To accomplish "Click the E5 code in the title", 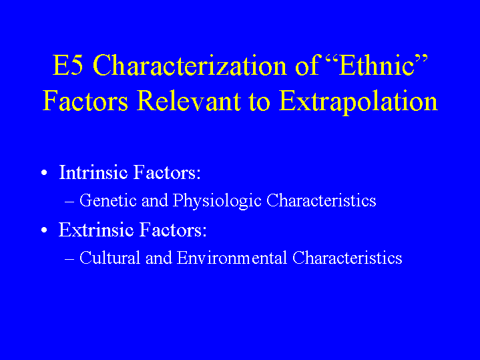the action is tap(67, 65).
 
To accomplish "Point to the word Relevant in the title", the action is tap(188, 101).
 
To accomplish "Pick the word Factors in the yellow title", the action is tap(85, 101).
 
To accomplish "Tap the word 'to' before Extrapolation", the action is tap(260, 103).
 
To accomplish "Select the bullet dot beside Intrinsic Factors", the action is tap(44, 173).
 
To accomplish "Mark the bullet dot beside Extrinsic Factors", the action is tap(44, 230).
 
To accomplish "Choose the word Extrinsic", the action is tap(96, 230).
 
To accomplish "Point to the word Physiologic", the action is tap(217, 201).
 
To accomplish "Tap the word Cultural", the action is tap(110, 258).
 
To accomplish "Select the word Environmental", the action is tap(232, 258).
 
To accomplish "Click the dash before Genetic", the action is tap(69, 202).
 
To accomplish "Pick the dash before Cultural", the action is tap(69, 259).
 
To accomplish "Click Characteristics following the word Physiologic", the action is tap(321, 200).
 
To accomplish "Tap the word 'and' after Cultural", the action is tap(159, 258).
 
